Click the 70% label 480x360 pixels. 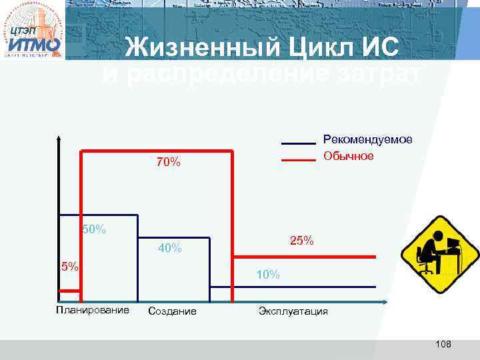point(169,163)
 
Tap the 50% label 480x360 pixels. point(93,230)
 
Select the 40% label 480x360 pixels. point(169,249)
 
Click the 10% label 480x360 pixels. point(268,275)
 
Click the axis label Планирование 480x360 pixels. point(93,309)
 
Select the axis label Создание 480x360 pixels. point(172,311)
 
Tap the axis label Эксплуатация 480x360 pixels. point(293,311)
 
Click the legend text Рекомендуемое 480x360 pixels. point(367,139)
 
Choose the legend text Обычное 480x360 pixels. point(348,156)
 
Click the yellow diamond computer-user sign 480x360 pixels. point(439,254)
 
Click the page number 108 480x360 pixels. point(443,344)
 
